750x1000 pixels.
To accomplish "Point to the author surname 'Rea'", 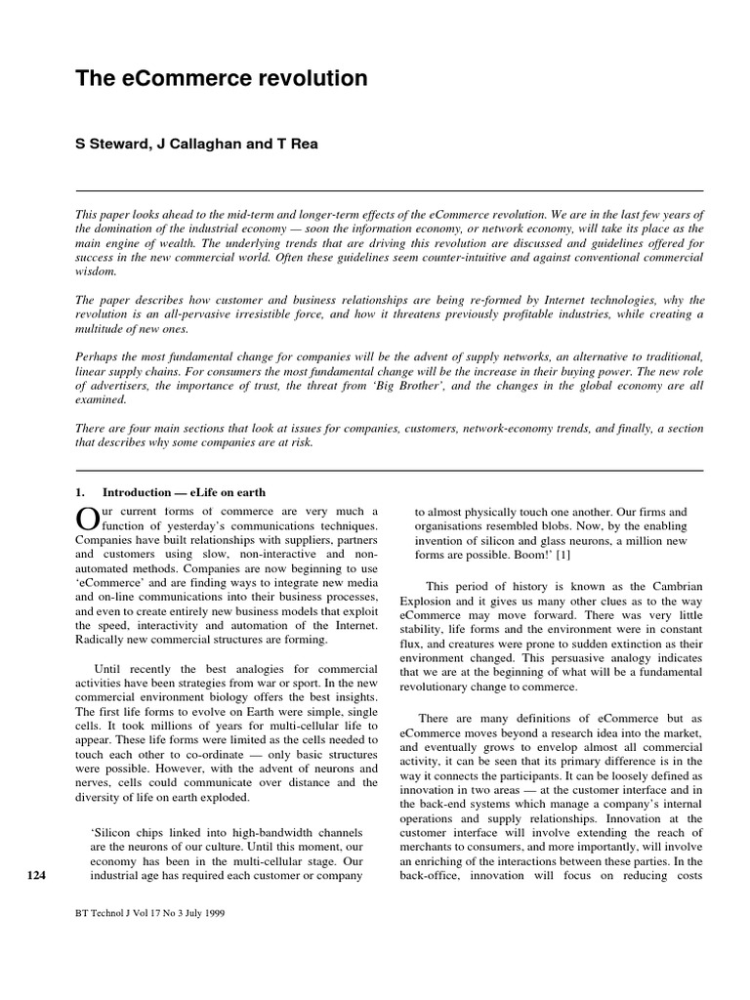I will pos(304,144).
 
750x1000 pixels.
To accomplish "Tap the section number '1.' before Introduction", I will pos(82,492).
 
